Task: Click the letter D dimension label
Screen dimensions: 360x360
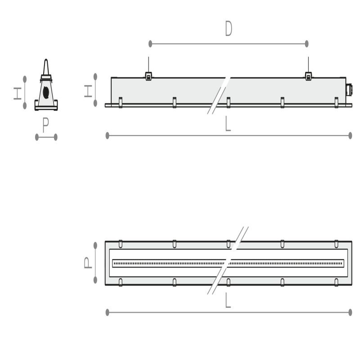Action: point(229,28)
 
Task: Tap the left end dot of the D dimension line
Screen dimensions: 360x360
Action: point(150,44)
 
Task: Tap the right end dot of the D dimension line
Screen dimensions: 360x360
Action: point(306,44)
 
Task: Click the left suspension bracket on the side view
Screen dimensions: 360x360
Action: point(148,76)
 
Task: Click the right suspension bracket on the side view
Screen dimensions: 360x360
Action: point(308,76)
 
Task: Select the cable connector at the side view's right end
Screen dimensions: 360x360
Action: point(349,90)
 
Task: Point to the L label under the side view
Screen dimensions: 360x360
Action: point(228,123)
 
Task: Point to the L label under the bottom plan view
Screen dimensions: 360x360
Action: point(228,300)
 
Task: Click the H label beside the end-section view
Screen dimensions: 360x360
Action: point(18,94)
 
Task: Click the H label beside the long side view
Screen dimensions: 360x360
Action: point(88,91)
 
